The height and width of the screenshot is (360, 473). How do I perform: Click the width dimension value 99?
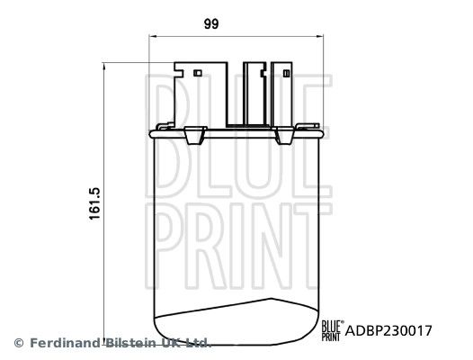tap(211, 24)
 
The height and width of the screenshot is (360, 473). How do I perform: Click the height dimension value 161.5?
tap(94, 203)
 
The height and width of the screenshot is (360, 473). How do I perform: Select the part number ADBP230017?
tap(388, 330)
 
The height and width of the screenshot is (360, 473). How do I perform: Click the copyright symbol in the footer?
tap(19, 343)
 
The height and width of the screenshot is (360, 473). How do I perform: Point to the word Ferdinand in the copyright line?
tap(65, 343)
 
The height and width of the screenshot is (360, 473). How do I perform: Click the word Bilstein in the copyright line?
tap(131, 343)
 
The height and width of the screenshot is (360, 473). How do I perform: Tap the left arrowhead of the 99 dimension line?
tap(153, 37)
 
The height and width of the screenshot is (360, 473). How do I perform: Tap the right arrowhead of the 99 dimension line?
tap(319, 37)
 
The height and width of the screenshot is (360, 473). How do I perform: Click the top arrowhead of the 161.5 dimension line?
tap(104, 67)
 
